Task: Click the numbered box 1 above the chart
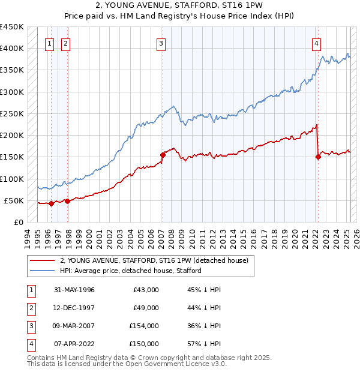click(x=49, y=43)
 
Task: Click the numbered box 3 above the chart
click(x=161, y=43)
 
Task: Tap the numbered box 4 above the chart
click(x=316, y=43)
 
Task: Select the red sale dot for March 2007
click(x=163, y=155)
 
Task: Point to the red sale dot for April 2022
click(x=318, y=157)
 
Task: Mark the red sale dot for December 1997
click(x=67, y=201)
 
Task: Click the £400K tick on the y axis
click(x=12, y=49)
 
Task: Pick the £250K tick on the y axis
click(x=12, y=113)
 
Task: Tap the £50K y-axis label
click(x=14, y=200)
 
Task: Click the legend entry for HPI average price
click(x=130, y=271)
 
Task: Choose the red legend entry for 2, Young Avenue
click(x=157, y=260)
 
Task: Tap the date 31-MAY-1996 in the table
click(x=74, y=290)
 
